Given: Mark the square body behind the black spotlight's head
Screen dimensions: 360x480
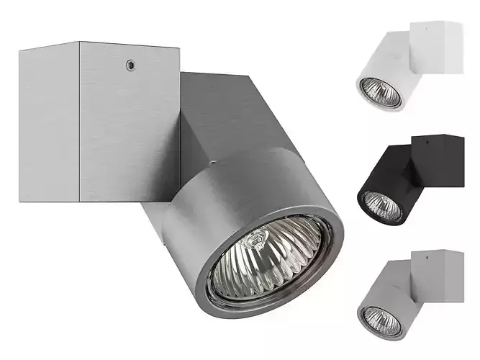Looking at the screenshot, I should coord(399,169).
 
